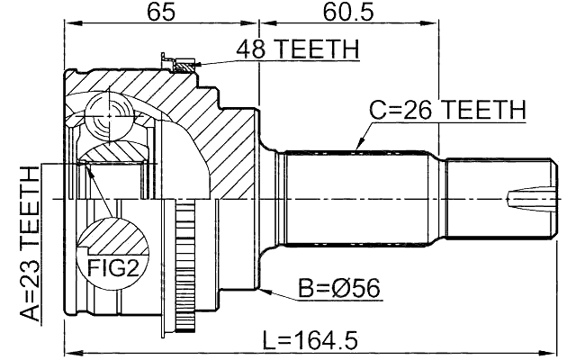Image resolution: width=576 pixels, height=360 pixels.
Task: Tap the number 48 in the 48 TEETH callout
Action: [253, 49]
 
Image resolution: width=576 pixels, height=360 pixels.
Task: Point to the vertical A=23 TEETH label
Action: [31, 244]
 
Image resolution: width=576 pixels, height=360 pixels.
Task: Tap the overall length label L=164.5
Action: [310, 340]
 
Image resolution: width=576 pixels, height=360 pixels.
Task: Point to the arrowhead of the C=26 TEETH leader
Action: [358, 147]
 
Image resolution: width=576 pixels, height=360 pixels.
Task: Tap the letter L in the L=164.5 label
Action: [270, 340]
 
